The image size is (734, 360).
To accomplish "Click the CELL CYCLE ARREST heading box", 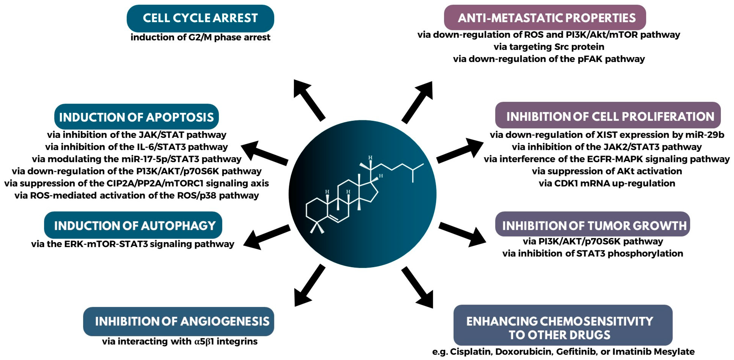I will [200, 18].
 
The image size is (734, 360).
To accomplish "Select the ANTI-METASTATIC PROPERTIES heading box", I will [545, 18].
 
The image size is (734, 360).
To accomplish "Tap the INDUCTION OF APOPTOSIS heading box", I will [137, 117].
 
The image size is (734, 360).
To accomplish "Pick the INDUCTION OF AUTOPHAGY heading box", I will [133, 225].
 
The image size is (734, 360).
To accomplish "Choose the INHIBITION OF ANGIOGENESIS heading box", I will [179, 321].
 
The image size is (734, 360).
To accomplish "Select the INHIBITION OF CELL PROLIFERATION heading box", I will [608, 116].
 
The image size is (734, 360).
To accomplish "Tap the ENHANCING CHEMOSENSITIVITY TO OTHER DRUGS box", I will [563, 325].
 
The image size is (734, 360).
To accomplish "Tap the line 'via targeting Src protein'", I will [549, 47].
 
